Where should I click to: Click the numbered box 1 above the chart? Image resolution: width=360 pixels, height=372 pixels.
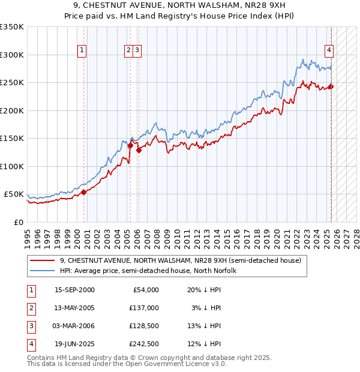82,50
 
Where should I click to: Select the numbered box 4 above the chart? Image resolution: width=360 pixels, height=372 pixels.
329,50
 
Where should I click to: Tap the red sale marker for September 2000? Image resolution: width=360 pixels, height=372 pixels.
84,192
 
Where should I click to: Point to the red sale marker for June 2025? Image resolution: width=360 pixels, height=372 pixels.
331,87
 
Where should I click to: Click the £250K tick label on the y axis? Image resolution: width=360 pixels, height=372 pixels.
12,83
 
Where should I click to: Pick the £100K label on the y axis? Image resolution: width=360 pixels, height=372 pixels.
12,166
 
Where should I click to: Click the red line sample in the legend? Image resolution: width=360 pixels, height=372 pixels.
41,260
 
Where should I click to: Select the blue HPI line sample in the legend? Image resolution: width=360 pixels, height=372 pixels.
41,271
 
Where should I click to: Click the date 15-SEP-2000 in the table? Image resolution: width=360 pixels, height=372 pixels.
74,290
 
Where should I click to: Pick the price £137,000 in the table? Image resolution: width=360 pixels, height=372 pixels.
143,308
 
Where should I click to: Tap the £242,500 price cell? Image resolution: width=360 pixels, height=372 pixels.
143,344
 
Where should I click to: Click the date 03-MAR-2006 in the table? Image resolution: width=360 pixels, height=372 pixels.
74,326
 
